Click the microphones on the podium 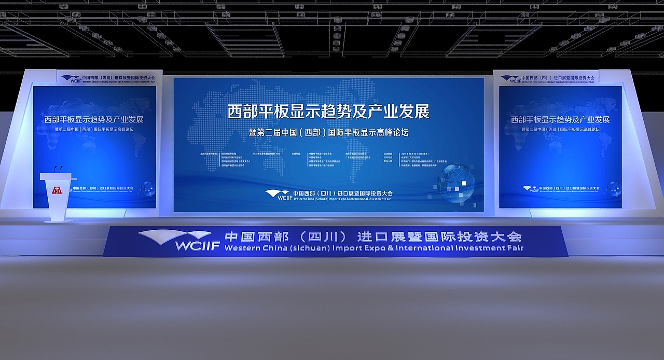tap(58, 170)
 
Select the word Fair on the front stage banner tap(514, 248)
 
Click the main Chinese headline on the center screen tap(328, 112)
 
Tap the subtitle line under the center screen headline tap(328, 132)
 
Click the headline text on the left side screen tap(94, 119)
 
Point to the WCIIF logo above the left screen tap(71, 79)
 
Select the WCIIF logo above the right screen tap(510, 79)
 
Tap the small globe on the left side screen tap(148, 188)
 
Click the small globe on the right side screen tap(614, 188)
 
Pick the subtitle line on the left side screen tap(94, 129)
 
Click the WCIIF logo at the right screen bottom tap(530, 188)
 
